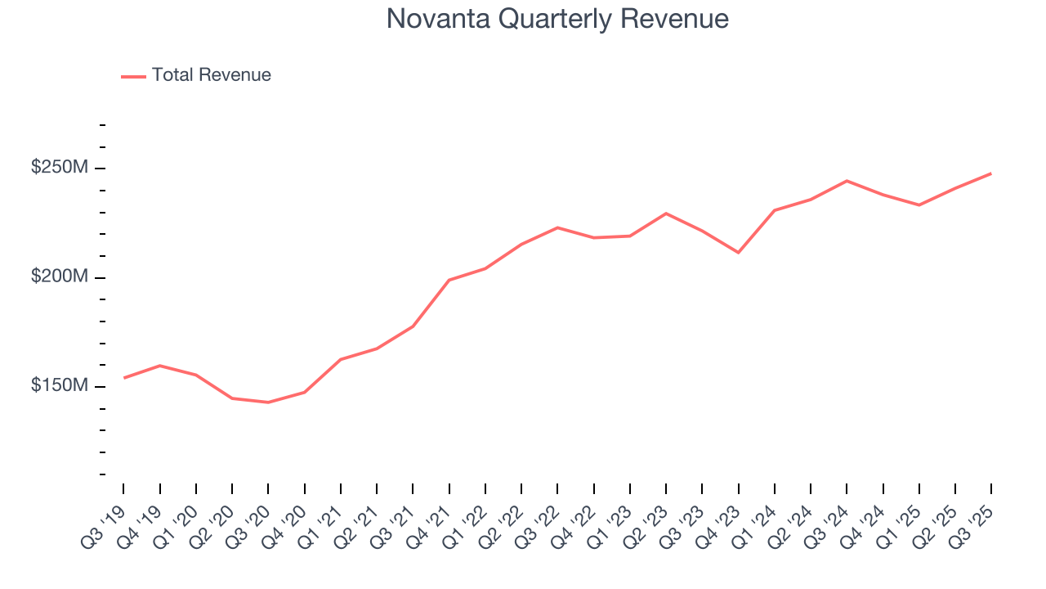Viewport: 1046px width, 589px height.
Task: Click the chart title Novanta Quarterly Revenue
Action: coord(557,19)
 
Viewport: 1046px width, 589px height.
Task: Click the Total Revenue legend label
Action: coord(211,75)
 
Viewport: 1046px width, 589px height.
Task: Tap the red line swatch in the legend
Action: coord(133,76)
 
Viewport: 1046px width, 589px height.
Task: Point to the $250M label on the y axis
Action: coord(59,168)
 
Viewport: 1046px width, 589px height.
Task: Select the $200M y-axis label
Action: coord(59,277)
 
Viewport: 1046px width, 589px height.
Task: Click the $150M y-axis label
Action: coord(59,386)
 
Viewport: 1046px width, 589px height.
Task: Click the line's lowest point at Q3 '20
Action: coord(268,402)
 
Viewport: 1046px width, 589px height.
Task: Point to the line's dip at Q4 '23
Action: coord(738,252)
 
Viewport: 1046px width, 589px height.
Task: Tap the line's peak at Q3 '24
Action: coord(847,181)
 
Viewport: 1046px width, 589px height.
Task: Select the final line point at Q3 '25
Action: coord(990,173)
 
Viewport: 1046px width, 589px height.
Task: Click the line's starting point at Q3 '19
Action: coord(123,378)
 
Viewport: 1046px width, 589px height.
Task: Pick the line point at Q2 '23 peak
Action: coord(666,214)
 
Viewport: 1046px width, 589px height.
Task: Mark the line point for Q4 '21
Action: coord(449,280)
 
